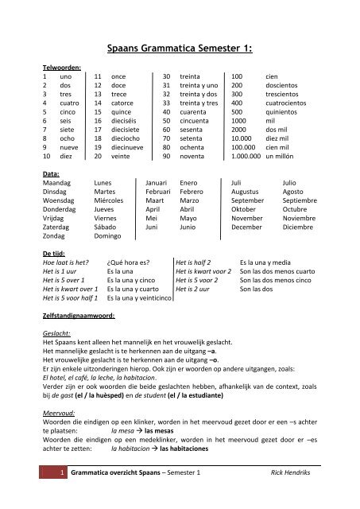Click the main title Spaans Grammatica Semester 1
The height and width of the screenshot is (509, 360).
pyautogui.click(x=180, y=49)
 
